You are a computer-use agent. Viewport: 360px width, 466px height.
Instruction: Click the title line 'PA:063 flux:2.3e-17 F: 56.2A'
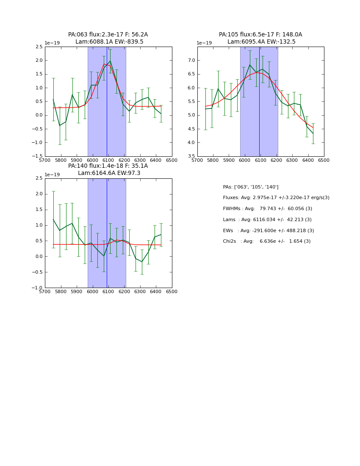point(108,35)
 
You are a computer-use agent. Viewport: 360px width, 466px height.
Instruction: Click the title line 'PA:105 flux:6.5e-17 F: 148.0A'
point(260,35)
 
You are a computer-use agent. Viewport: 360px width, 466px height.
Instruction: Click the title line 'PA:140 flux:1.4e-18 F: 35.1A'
point(108,166)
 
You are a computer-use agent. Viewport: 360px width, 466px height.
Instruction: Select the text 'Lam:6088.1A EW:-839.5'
point(109,42)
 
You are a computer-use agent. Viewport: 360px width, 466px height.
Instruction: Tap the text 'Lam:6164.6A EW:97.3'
point(109,173)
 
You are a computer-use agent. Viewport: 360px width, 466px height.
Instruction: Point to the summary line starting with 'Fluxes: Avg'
point(276,198)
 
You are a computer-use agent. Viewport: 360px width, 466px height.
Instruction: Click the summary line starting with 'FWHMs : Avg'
point(267,209)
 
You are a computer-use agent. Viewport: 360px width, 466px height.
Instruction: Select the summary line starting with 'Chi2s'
point(266,241)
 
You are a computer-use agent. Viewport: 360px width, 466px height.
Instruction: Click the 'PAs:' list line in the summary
point(250,187)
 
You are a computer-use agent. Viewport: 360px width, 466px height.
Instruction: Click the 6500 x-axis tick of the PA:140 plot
point(172,292)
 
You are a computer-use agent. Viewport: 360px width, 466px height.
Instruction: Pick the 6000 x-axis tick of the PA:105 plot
point(245,161)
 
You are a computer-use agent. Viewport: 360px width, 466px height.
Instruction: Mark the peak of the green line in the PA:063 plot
point(110,61)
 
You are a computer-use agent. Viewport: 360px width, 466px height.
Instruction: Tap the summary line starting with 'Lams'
point(267,220)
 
